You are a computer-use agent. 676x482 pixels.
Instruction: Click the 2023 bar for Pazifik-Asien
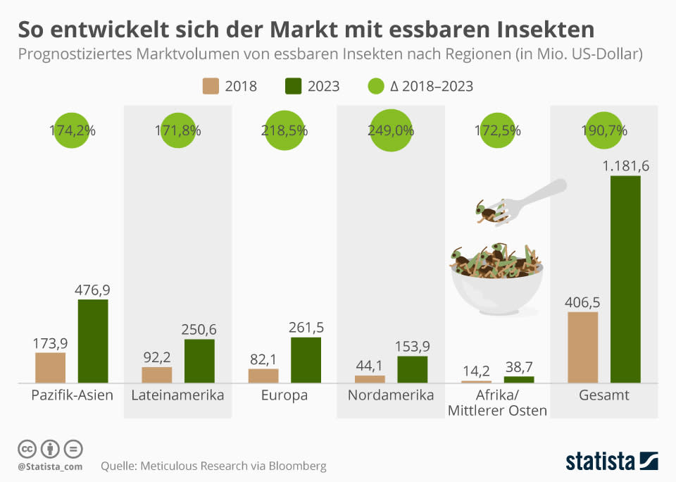click(93, 341)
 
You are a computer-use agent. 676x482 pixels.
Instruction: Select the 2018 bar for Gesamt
click(582, 347)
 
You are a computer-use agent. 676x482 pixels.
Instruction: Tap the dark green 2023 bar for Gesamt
click(625, 279)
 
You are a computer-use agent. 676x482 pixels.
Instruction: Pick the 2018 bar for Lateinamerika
click(156, 375)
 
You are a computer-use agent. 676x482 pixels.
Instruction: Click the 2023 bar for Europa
click(306, 360)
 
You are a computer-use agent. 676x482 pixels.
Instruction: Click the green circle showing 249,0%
click(391, 130)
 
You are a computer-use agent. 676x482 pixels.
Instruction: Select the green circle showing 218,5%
click(284, 130)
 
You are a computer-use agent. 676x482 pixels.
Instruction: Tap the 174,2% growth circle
click(73, 130)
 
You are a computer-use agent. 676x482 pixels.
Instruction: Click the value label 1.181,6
click(625, 166)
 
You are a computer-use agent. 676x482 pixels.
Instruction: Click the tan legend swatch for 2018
click(210, 86)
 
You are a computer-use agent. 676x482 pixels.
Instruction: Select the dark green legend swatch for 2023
click(292, 86)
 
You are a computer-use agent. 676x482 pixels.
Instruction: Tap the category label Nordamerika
click(391, 395)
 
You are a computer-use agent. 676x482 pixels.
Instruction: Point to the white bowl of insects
click(497, 289)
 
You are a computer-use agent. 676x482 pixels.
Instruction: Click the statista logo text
click(599, 462)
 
